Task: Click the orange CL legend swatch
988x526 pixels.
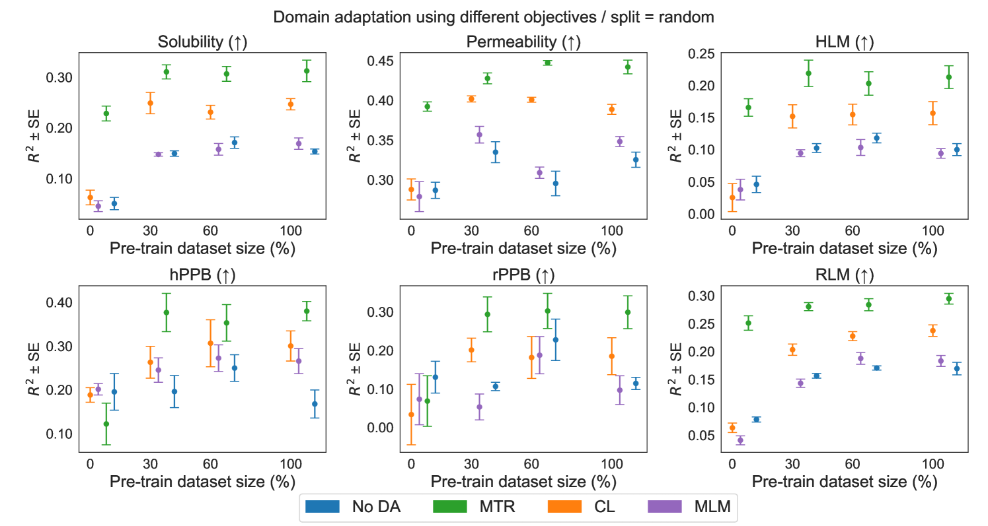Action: (x=564, y=506)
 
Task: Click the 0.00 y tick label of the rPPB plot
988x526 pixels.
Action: (x=374, y=427)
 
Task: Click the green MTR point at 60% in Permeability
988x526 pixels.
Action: (x=547, y=63)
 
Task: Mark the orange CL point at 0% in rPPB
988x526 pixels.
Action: (x=411, y=414)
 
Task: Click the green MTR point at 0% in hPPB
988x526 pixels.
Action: (x=106, y=424)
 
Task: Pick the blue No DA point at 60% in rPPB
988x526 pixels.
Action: (x=556, y=340)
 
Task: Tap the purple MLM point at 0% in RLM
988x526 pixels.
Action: (x=740, y=440)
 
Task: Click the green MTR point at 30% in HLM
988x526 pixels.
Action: (x=808, y=73)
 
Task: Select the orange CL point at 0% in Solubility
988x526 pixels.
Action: (x=90, y=197)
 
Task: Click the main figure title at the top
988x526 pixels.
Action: (x=494, y=17)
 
